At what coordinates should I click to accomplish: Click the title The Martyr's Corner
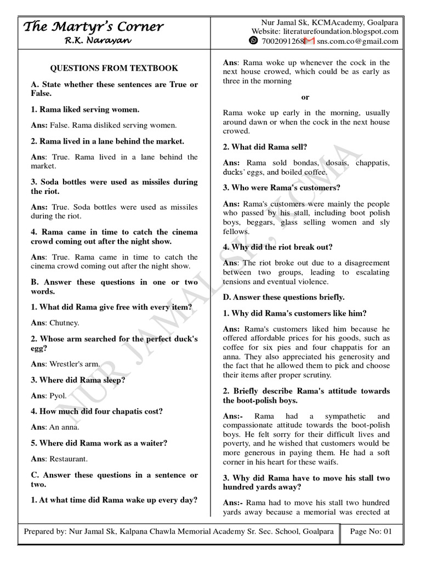93,26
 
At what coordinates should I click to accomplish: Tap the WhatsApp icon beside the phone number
253,41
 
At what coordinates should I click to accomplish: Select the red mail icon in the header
309,41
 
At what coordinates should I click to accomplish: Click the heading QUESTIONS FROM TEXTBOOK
114,68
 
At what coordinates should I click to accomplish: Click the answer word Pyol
58,395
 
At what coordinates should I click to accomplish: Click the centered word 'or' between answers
305,97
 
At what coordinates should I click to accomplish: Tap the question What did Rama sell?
265,146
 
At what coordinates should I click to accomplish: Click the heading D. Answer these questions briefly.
283,297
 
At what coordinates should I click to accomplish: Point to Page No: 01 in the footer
371,531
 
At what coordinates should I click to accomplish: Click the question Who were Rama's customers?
282,187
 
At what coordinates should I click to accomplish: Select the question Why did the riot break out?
277,247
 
